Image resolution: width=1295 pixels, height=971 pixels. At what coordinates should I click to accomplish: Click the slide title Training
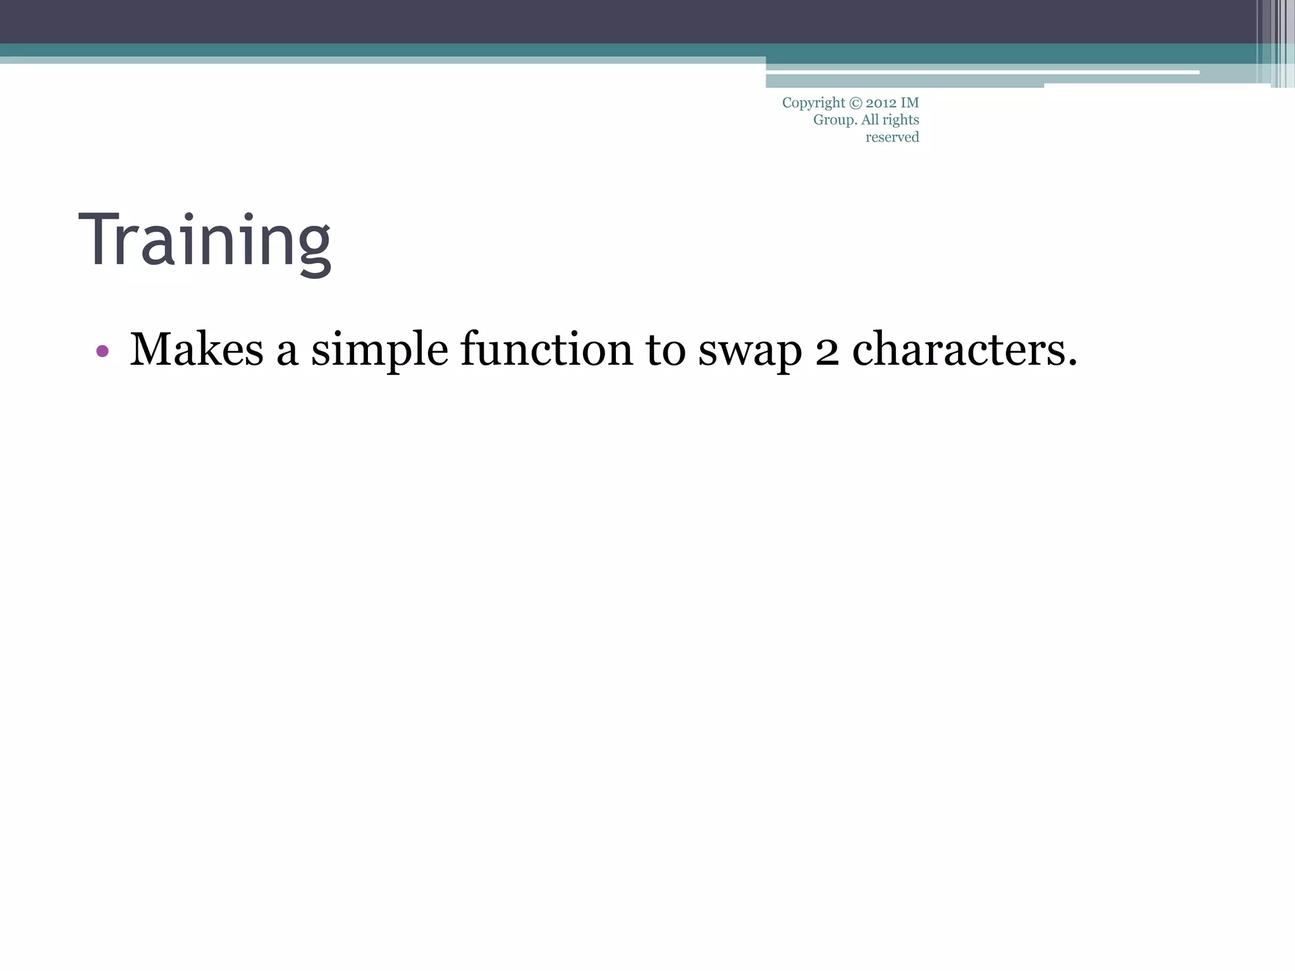204,241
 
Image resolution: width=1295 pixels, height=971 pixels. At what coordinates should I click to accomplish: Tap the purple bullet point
102,351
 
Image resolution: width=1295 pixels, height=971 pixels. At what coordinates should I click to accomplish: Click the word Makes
196,349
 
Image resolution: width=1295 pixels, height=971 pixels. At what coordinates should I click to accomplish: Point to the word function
546,349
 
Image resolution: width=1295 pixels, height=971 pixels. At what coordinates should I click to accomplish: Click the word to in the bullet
665,350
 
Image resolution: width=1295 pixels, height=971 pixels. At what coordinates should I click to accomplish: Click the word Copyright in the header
813,103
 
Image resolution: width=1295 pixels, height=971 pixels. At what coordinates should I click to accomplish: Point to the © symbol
855,103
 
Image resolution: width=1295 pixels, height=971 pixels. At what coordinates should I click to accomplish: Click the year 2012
881,103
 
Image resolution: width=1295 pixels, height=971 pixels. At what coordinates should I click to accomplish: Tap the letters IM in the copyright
910,103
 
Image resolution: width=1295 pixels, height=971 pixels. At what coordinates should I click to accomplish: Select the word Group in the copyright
834,120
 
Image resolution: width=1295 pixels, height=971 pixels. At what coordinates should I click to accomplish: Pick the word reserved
892,137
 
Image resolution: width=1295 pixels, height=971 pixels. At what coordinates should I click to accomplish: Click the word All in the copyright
870,120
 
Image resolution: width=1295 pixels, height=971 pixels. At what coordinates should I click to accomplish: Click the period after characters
1072,364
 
